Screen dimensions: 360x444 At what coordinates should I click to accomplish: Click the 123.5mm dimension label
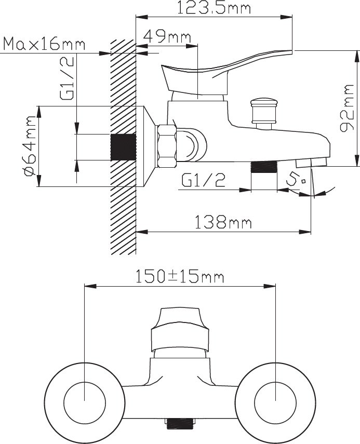214,8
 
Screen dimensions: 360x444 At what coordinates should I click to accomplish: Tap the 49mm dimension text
167,36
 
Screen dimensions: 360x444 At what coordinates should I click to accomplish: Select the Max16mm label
44,44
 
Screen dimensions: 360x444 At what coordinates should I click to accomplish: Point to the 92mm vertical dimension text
347,108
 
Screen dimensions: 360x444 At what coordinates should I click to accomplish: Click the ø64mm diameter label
30,145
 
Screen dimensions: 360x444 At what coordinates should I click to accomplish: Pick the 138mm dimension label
223,222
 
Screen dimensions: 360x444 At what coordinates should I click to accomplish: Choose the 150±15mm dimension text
180,277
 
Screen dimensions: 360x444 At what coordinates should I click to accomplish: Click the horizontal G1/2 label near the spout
203,180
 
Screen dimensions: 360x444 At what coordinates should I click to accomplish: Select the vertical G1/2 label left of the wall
67,77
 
